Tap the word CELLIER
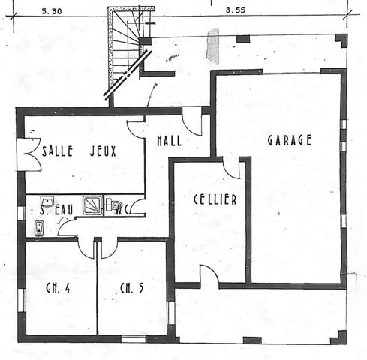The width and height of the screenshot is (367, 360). (215, 199)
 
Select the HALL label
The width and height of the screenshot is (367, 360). (170, 141)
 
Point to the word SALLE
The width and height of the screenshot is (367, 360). (57, 150)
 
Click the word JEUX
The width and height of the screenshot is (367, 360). (104, 150)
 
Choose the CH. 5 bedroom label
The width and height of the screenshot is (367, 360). (132, 287)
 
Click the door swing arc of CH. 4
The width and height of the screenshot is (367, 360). (86, 247)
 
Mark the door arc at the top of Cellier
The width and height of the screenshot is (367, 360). (232, 168)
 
